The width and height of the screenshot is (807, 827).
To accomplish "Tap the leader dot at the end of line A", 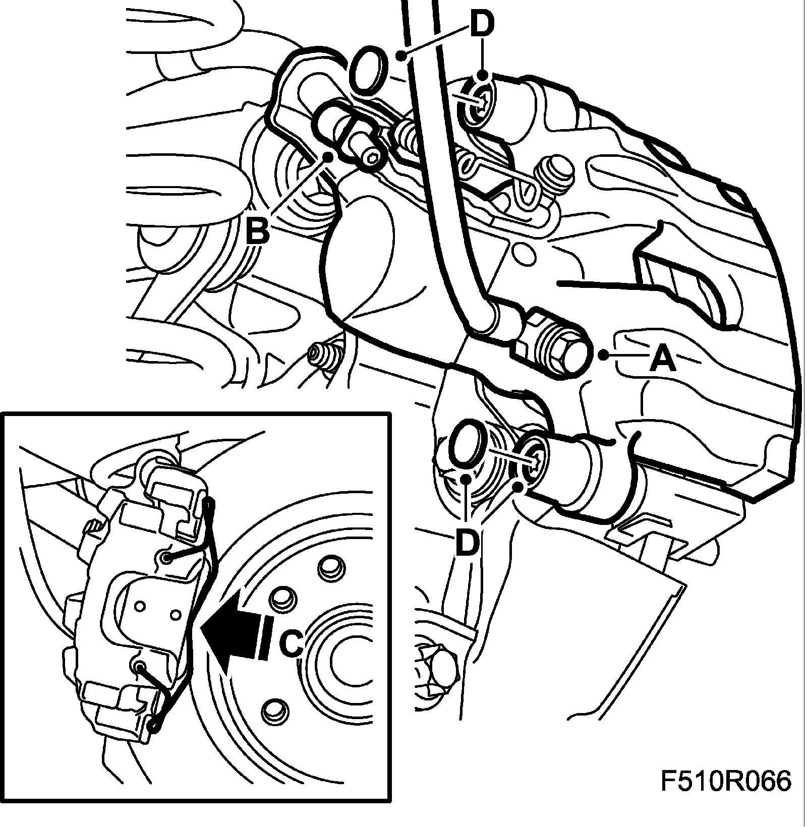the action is click(x=603, y=356).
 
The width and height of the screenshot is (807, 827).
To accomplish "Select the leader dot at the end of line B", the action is click(x=328, y=156).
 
